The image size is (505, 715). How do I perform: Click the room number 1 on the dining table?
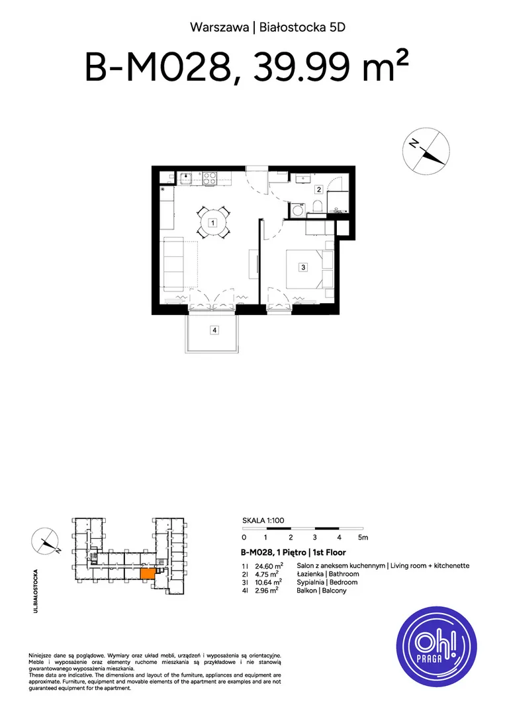pyautogui.click(x=212, y=223)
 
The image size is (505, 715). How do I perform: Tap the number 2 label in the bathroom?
pyautogui.click(x=319, y=189)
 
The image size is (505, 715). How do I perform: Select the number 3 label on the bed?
pyautogui.click(x=304, y=267)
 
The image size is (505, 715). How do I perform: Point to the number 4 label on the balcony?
pyautogui.click(x=214, y=330)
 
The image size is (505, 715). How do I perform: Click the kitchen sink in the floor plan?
pyautogui.click(x=186, y=177)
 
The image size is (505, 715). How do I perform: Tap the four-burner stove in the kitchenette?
pyautogui.click(x=210, y=178)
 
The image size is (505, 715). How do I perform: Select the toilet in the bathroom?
pyautogui.click(x=318, y=207)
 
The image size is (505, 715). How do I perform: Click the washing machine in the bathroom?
pyautogui.click(x=298, y=210)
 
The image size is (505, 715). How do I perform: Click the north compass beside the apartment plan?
pyautogui.click(x=426, y=151)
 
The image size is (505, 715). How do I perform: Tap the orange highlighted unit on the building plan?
pyautogui.click(x=147, y=573)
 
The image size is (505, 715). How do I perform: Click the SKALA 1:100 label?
pyautogui.click(x=263, y=520)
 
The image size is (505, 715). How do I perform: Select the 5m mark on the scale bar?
pyautogui.click(x=363, y=538)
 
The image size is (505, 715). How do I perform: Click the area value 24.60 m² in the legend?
pyautogui.click(x=269, y=566)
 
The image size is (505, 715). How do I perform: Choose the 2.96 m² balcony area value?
pyautogui.click(x=267, y=591)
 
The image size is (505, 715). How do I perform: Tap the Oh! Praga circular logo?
pyautogui.click(x=436, y=646)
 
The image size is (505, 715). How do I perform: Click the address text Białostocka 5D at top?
pyautogui.click(x=302, y=27)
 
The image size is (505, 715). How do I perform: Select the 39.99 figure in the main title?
pyautogui.click(x=302, y=67)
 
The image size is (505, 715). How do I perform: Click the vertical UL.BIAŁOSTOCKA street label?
pyautogui.click(x=36, y=591)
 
